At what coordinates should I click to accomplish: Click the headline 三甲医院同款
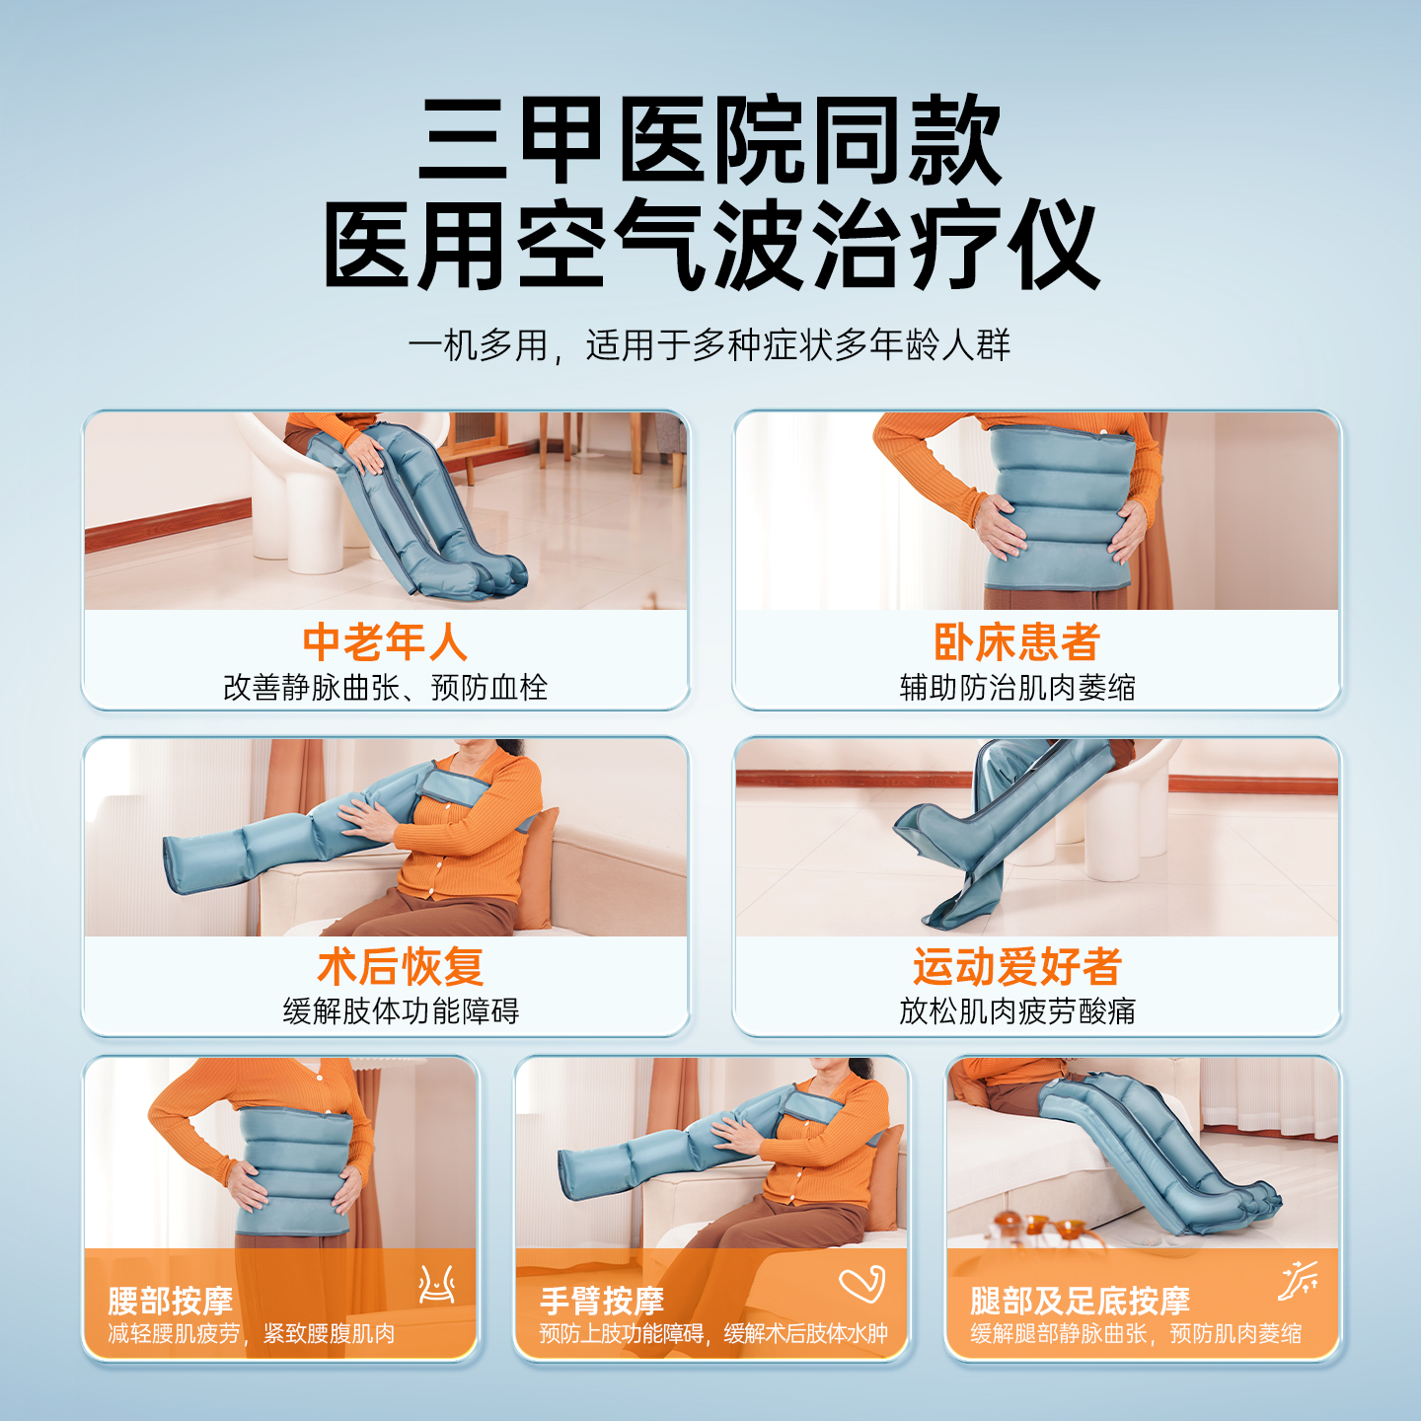(710, 141)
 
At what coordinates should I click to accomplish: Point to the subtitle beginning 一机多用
(709, 345)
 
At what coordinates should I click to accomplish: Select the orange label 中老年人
(385, 642)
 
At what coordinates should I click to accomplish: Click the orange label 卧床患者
(1017, 642)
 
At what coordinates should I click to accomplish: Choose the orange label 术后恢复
(401, 967)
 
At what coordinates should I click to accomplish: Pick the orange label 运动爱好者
(1017, 967)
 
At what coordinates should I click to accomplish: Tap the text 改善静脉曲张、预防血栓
(385, 688)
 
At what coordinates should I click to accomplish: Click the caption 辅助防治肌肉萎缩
(1017, 688)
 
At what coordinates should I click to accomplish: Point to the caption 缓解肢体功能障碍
(401, 1011)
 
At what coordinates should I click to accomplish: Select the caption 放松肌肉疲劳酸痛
(1017, 1011)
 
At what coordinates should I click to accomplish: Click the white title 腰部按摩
(171, 1301)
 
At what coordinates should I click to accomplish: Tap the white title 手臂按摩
(602, 1301)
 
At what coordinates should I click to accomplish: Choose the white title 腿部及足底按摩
(1080, 1301)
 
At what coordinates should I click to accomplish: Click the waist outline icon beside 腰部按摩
(436, 1284)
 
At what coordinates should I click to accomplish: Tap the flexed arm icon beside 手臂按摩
(861, 1284)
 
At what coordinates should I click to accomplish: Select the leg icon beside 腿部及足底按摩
(1298, 1282)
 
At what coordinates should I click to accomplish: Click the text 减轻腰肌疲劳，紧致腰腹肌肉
(252, 1334)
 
